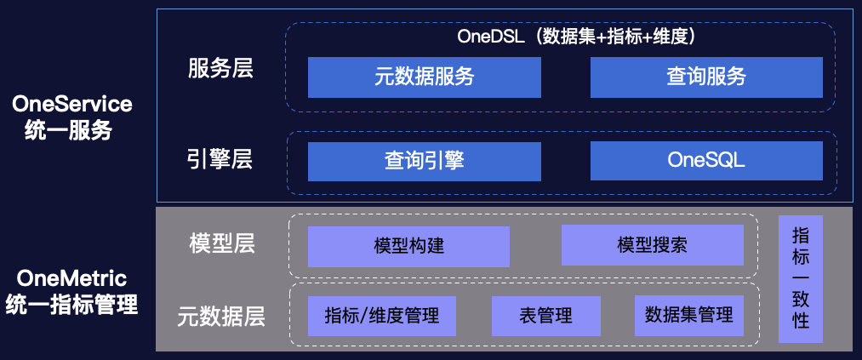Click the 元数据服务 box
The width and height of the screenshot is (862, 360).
[x=424, y=77]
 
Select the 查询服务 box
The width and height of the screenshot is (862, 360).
[x=706, y=77]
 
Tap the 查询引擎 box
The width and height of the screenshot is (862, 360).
[x=424, y=161]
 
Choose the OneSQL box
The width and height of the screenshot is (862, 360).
[x=706, y=161]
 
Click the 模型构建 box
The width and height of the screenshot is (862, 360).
[x=408, y=247]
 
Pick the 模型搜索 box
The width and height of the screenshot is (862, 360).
[x=652, y=247]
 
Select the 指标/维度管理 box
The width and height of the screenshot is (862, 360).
[x=382, y=316]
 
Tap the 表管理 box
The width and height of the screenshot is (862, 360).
[x=545, y=316]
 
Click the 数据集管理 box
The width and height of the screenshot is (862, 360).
[x=689, y=316]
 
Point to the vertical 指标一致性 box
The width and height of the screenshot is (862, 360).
[x=800, y=278]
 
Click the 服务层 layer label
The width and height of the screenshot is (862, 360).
[x=220, y=69]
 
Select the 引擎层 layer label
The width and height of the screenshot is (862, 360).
[x=220, y=159]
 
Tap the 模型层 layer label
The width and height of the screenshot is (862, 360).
[x=221, y=243]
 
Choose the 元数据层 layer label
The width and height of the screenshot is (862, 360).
[x=221, y=317]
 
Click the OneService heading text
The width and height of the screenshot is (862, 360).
[x=72, y=104]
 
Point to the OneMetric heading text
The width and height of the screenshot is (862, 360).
[x=71, y=277]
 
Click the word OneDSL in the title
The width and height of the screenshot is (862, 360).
[x=491, y=37]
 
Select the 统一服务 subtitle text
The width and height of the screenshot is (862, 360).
[x=72, y=132]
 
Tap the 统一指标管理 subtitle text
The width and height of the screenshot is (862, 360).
[x=71, y=305]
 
